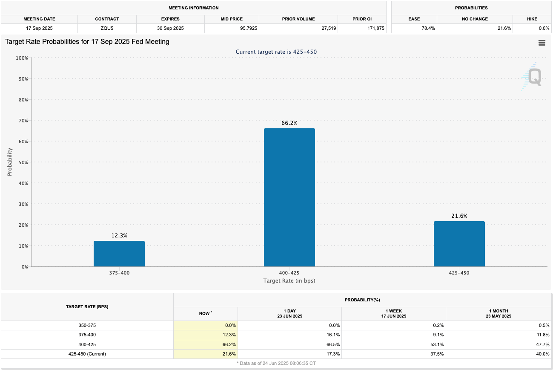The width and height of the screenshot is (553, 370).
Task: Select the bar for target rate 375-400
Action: pos(119,254)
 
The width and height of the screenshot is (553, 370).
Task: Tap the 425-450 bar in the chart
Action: pos(459,244)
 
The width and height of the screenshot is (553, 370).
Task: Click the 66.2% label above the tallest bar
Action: pos(289,123)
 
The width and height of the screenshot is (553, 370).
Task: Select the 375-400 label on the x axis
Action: pos(119,273)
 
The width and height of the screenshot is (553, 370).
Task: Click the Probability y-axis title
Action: pos(10,162)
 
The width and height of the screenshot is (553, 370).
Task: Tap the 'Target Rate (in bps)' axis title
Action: pos(289,280)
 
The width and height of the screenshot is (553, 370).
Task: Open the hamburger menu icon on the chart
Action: pos(542,43)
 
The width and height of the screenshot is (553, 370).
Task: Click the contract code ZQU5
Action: pos(107,28)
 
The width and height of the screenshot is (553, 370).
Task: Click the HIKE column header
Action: pos(532,19)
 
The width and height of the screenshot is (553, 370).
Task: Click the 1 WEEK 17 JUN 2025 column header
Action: pos(394,313)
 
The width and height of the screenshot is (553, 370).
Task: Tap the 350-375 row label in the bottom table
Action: pos(87,325)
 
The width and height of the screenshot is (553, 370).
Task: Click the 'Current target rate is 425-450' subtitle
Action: pos(276,52)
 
